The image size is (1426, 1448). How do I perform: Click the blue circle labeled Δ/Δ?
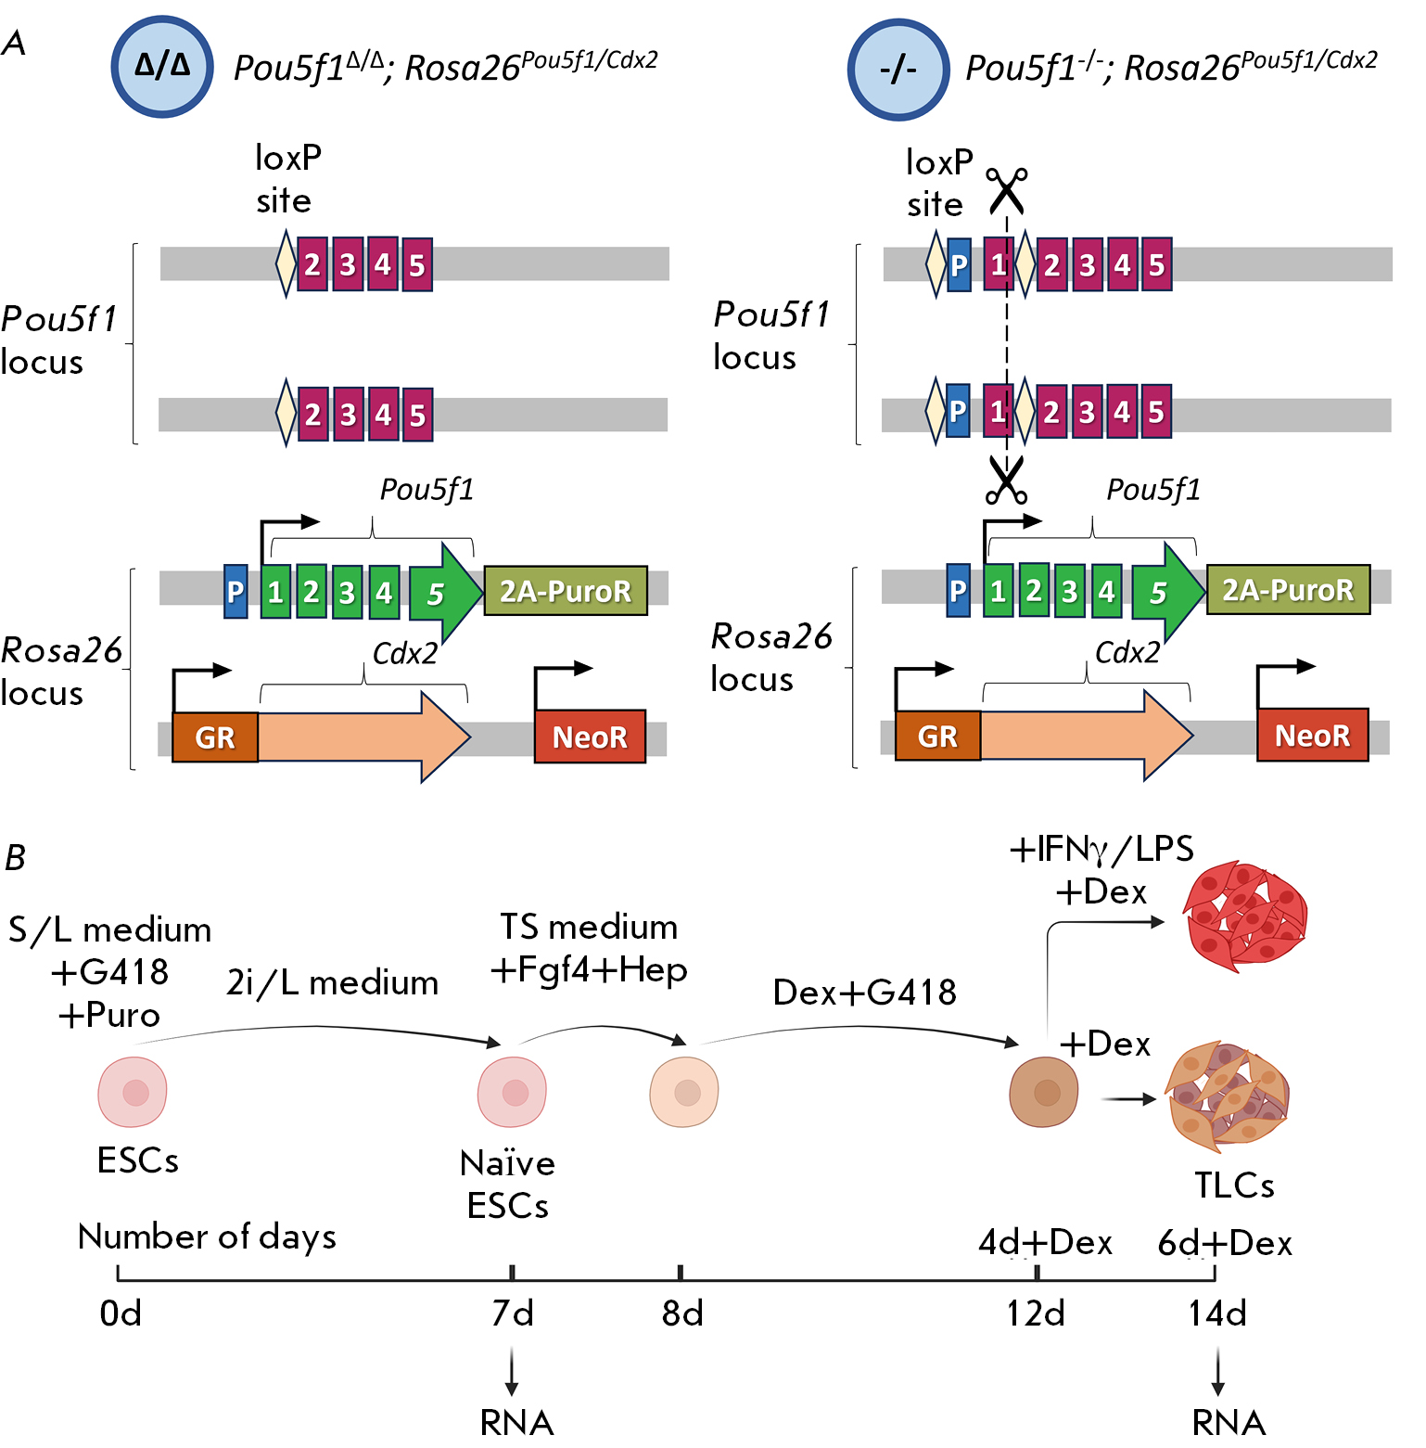[162, 67]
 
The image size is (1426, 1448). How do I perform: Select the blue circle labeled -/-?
[898, 70]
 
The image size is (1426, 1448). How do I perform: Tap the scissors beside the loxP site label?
[1006, 190]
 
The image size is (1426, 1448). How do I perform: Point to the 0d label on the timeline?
[121, 1313]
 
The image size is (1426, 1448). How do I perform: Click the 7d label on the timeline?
[513, 1313]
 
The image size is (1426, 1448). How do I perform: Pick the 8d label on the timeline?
[682, 1313]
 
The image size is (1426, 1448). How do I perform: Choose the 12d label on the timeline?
[1036, 1313]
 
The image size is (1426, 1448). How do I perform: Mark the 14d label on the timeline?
[1217, 1313]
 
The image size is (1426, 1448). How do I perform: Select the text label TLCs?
[1233, 1185]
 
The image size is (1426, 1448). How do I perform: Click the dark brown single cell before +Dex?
[1044, 1092]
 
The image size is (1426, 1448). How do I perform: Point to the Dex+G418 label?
[864, 993]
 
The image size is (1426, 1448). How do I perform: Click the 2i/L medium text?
[332, 982]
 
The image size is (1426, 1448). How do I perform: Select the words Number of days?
[207, 1237]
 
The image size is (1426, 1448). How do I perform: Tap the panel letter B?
[15, 858]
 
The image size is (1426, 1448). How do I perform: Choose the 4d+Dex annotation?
[1045, 1242]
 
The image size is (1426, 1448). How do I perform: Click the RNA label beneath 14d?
[1229, 1422]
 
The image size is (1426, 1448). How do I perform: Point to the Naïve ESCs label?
[507, 1185]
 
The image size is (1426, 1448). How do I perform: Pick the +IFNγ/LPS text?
[1101, 849]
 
